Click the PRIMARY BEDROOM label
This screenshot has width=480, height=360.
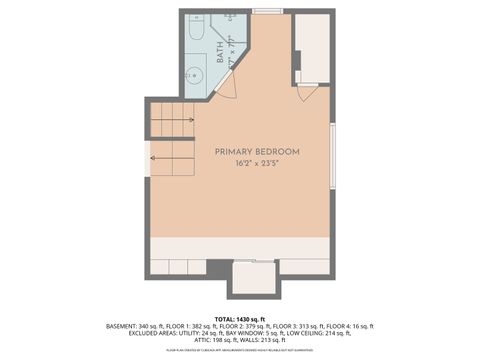coord(257,151)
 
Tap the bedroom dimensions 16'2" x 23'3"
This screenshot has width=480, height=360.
coord(257,163)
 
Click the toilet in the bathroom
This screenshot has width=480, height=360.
coord(196,35)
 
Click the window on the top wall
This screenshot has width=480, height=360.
coord(267,11)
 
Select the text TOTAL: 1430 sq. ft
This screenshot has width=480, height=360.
coord(240,319)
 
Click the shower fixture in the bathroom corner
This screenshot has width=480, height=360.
coord(231,19)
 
